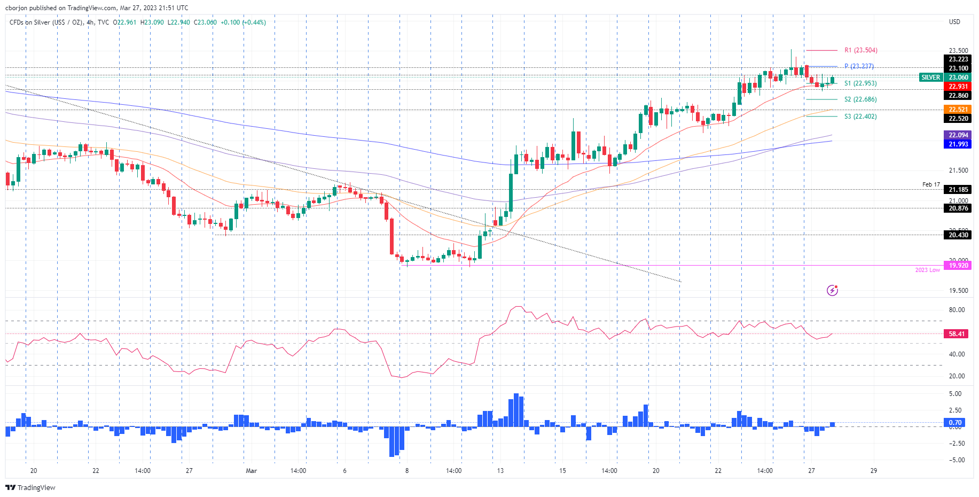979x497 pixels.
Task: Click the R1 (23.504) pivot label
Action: tap(860, 50)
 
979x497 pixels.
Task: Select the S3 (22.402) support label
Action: tap(860, 117)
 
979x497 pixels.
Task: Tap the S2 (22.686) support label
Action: tap(860, 99)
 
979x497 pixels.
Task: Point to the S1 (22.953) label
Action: tap(860, 83)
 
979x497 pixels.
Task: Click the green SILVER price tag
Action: tap(930, 77)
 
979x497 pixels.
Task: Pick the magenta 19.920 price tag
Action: tap(958, 266)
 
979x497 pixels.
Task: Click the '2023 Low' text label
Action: tap(927, 270)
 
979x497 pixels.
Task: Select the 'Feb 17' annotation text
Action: tap(931, 184)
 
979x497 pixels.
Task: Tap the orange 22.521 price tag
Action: tap(958, 110)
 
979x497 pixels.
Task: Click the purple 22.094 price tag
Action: tap(958, 135)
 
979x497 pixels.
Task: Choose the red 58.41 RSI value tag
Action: tap(957, 334)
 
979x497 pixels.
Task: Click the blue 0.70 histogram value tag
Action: tap(955, 423)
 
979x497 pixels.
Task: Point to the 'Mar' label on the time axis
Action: tap(251, 471)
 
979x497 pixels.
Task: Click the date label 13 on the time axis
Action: tap(500, 471)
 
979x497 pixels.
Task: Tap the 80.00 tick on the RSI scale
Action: tap(957, 310)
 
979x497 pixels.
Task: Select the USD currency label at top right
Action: tap(954, 22)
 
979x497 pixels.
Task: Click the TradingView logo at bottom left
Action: tap(30, 487)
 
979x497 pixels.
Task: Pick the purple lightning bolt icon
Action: tap(832, 290)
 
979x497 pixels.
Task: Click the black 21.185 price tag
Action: tap(958, 190)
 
